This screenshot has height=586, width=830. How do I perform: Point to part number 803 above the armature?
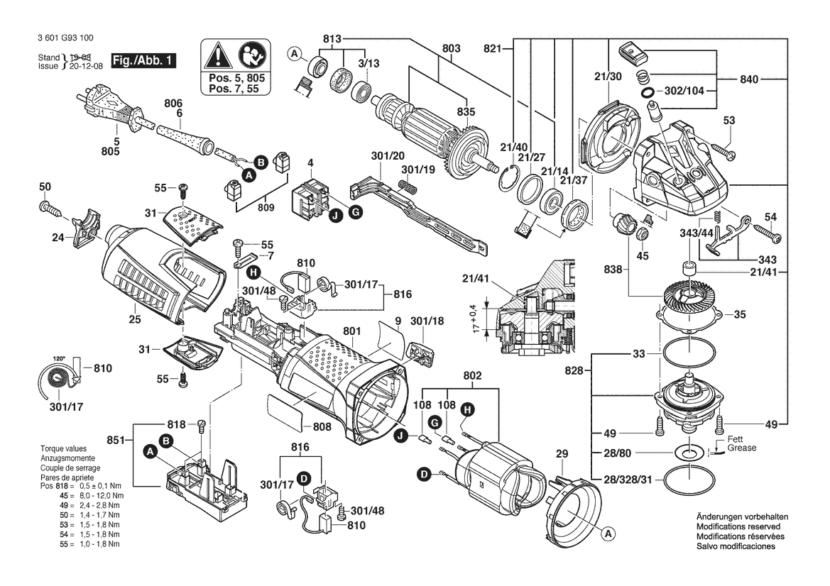[x=451, y=48]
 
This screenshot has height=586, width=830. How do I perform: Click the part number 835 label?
[x=466, y=111]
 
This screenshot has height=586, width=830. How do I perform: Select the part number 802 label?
[x=473, y=375]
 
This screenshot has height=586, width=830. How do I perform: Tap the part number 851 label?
[x=114, y=440]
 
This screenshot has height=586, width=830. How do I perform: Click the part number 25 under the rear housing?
[x=135, y=320]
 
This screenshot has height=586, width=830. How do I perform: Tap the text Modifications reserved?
[x=738, y=527]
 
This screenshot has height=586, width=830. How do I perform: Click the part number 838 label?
[x=611, y=270]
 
